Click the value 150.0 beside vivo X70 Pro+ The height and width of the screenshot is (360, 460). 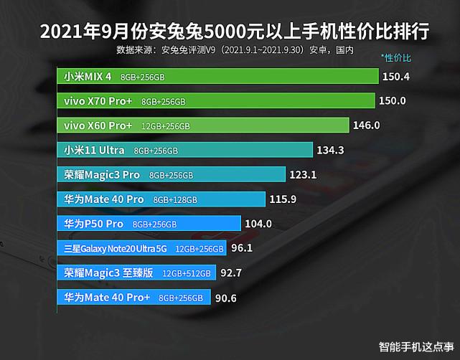click(x=393, y=101)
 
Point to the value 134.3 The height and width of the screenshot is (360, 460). click(x=332, y=150)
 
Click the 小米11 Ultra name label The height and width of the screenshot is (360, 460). click(x=93, y=150)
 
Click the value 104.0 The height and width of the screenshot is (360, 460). click(x=258, y=224)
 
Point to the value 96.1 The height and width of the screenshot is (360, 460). click(x=242, y=248)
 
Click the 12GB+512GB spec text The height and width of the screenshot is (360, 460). click(x=187, y=273)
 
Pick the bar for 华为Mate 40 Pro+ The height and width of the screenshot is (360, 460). click(x=133, y=297)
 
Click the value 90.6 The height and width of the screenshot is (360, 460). click(x=226, y=297)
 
